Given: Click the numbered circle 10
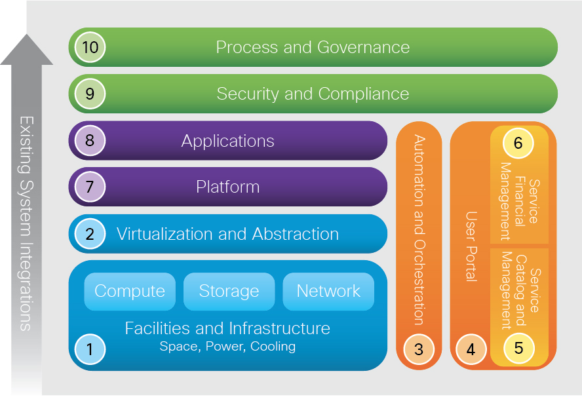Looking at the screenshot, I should tap(90, 47).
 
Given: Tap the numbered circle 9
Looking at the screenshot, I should tap(90, 94).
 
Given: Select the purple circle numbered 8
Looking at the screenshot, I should tap(90, 140).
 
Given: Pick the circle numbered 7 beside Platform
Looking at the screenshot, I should tap(90, 187).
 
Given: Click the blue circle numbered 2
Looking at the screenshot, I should tap(90, 234).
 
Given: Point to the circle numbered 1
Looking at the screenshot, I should tap(90, 349).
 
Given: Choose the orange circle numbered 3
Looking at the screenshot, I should tap(419, 349).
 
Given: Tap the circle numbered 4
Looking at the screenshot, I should tap(471, 349).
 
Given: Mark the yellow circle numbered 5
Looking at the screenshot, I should tap(518, 348).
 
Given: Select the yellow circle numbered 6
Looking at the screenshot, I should tap(518, 143).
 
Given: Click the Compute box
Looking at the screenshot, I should tap(130, 292).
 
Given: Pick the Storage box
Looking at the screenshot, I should tap(229, 292).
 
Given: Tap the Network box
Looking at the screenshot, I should tap(328, 292).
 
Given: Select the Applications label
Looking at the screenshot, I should tap(227, 141).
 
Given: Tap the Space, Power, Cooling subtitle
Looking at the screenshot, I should tap(227, 347).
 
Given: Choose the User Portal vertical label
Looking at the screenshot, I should tap(471, 246).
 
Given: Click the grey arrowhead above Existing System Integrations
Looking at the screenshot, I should tap(26, 50).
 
